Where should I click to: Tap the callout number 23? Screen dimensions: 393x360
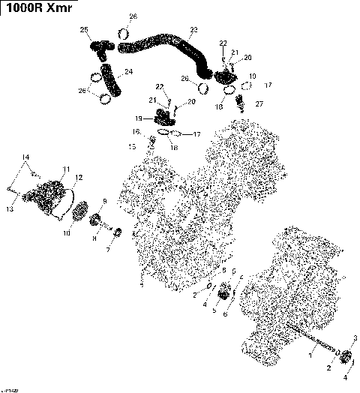[x=193, y=30]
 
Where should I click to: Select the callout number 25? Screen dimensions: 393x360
[x=85, y=29]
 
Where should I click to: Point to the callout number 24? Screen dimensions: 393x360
[x=129, y=72]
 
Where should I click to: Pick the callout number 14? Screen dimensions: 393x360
[x=25, y=157]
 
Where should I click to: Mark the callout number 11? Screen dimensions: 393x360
[x=66, y=169]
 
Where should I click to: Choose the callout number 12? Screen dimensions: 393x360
[x=79, y=177]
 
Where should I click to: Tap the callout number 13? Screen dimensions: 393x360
[x=10, y=209]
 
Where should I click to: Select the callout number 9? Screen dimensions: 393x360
[x=104, y=202]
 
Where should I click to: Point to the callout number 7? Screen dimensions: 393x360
[x=107, y=250]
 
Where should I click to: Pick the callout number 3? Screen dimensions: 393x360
[x=355, y=337]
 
